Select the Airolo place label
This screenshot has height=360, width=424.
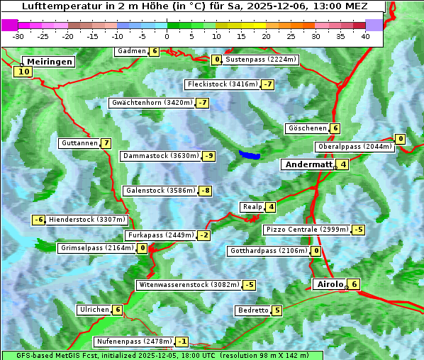(x=330, y=284)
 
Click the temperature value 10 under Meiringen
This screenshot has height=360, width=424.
(x=23, y=72)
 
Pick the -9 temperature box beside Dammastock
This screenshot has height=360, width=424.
(x=208, y=156)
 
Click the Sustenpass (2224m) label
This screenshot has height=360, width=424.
(x=260, y=60)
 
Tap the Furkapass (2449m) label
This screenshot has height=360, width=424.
(x=160, y=235)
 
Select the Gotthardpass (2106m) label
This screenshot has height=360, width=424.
(x=269, y=251)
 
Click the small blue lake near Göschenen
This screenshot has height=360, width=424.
(x=250, y=154)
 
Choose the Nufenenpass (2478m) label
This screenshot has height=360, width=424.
(x=133, y=341)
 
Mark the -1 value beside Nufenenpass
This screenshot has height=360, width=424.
(x=182, y=341)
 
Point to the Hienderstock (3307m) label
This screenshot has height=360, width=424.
(x=87, y=220)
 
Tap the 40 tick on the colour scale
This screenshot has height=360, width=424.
(x=365, y=35)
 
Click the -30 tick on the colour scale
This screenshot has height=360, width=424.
(x=18, y=35)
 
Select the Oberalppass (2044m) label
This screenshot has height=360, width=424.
(x=354, y=147)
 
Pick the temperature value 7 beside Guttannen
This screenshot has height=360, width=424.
(x=106, y=143)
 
